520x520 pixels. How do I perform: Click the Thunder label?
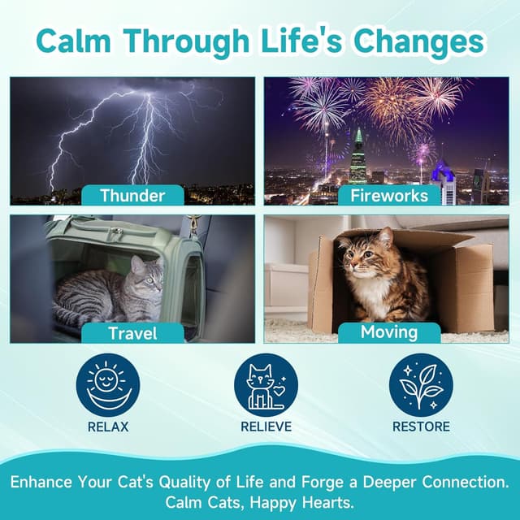pos(132,195)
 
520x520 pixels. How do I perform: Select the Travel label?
pos(132,333)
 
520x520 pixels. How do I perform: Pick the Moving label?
pos(388,332)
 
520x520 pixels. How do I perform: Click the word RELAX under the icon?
pos(108,427)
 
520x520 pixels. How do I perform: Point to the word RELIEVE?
pos(266,427)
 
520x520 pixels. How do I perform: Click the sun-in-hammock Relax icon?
pos(108,385)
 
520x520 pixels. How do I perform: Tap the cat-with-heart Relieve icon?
pos(266,385)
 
